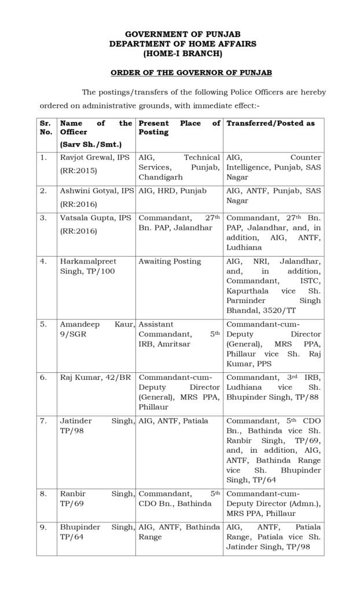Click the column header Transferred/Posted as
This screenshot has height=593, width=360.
[270, 123]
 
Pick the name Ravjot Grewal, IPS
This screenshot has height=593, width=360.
[94, 157]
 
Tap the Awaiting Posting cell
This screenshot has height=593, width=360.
[170, 261]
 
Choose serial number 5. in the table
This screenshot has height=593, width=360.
[43, 325]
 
